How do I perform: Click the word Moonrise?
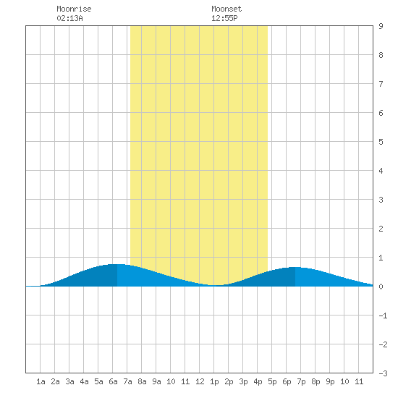coord(74,9)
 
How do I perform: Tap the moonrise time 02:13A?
coord(69,18)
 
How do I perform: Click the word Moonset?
coord(226,9)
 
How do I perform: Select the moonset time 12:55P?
coord(224,18)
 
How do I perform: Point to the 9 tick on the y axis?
coord(381,26)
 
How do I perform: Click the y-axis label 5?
coord(381,142)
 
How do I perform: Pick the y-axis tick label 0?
coord(381,287)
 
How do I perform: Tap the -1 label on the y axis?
coord(383,316)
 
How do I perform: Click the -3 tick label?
coord(383,373)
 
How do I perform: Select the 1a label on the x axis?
coord(41,381)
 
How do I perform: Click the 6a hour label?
coord(113,381)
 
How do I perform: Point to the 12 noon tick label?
coord(200,381)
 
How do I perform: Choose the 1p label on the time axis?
coord(214,381)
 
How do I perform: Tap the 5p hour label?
coord(272,381)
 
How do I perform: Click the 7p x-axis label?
coord(301,381)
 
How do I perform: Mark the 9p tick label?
coord(330,381)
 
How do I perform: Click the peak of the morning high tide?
coord(117,264)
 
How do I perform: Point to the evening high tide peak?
coord(295,268)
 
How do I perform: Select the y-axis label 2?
coord(381,229)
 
